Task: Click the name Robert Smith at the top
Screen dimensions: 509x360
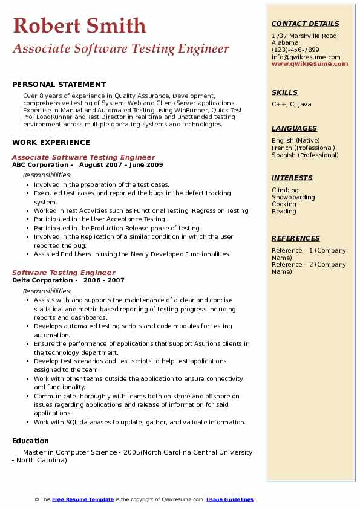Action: [x=79, y=25]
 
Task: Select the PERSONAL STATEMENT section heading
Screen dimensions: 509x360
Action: [x=59, y=85]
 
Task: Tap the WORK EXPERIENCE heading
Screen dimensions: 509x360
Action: [x=51, y=143]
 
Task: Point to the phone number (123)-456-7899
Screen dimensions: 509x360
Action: [x=295, y=50]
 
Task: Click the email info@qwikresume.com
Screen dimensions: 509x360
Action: [x=306, y=57]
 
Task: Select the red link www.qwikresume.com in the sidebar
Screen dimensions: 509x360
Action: [x=306, y=64]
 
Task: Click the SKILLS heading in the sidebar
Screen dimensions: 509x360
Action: [x=284, y=92]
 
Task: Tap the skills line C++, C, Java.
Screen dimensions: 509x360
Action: [x=292, y=105]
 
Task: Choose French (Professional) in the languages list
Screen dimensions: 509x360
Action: [x=303, y=148]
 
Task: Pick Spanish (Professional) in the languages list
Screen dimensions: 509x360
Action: [x=305, y=155]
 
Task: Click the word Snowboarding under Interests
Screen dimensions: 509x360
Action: [x=293, y=197]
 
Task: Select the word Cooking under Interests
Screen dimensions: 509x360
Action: [x=284, y=204]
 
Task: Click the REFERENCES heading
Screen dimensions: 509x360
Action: [x=296, y=238]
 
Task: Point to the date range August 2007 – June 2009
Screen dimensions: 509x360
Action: [x=121, y=165]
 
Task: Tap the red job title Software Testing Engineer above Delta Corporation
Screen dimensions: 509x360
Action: [x=64, y=273]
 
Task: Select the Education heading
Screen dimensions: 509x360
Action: [x=30, y=441]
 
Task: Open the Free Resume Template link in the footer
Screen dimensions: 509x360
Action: [x=83, y=499]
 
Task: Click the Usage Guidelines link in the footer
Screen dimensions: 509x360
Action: [x=230, y=499]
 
